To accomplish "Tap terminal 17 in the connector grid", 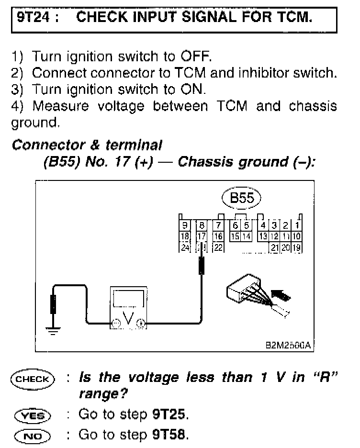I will [x=202, y=236].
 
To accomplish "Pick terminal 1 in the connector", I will [x=297, y=225].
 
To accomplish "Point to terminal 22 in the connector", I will [x=218, y=247].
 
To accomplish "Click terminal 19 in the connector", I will [x=297, y=247].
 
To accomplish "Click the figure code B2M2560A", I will [x=289, y=345].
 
